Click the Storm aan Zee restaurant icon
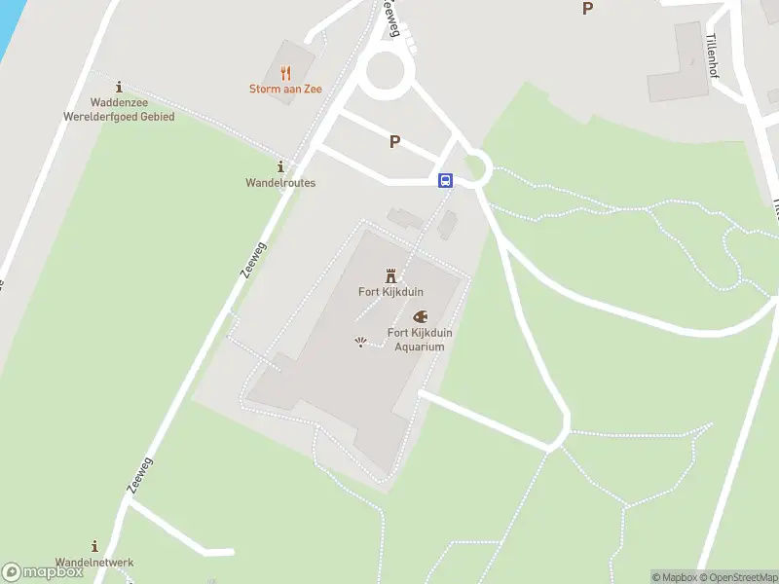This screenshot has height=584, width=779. [285, 73]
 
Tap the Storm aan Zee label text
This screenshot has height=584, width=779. [285, 90]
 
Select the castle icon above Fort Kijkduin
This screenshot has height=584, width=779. [390, 275]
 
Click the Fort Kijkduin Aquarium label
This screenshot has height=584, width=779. [420, 340]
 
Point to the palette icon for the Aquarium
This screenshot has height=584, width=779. [420, 316]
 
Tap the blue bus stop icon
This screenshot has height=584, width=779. [445, 180]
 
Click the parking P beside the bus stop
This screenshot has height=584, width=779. [394, 142]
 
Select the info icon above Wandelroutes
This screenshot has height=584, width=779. [280, 166]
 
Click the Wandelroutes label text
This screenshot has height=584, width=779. [280, 183]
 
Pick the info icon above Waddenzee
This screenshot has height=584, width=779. [119, 87]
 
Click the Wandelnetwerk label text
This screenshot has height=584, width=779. [94, 563]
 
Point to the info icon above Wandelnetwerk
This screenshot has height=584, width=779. [94, 546]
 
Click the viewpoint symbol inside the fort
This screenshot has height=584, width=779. [361, 341]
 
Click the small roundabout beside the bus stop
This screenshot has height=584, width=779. [475, 167]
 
